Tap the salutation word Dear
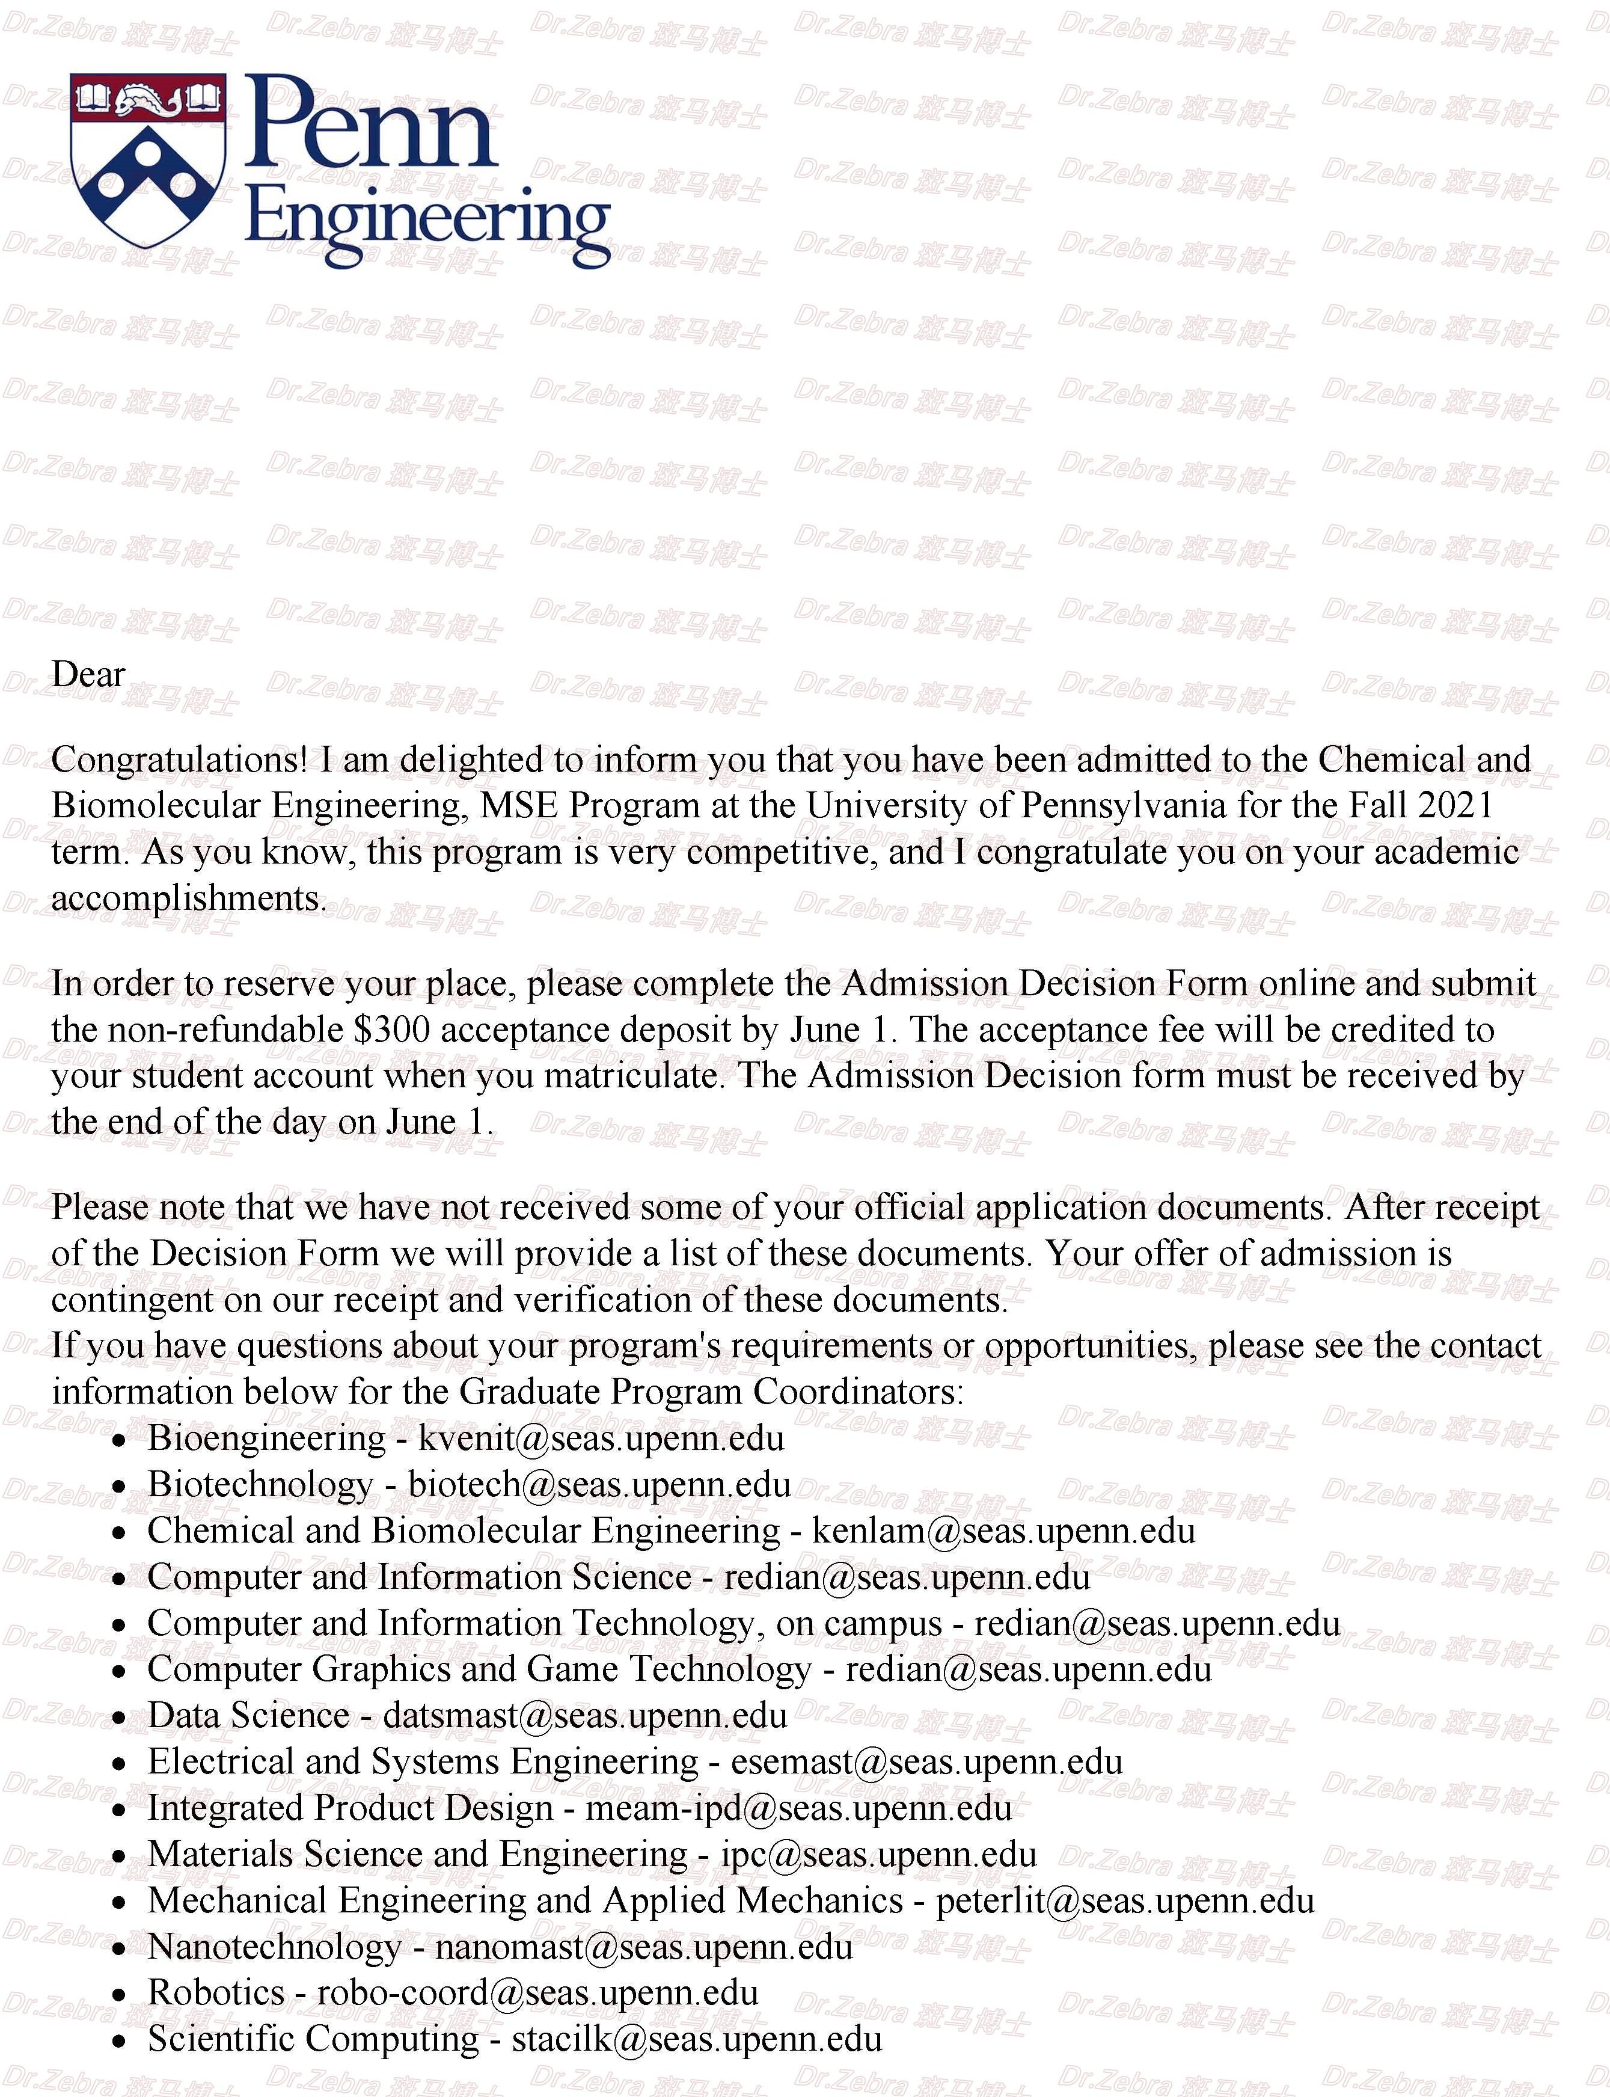click(x=88, y=675)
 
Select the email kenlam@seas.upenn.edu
click(x=1003, y=1531)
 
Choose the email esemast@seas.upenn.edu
click(x=926, y=1761)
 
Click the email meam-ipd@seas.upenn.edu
click(x=798, y=1808)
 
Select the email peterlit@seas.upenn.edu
click(x=1125, y=1900)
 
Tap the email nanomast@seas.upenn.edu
click(x=643, y=1947)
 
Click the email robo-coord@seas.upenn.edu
click(x=537, y=1992)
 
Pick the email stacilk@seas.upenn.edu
click(x=697, y=2039)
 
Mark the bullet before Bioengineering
click(x=119, y=1440)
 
